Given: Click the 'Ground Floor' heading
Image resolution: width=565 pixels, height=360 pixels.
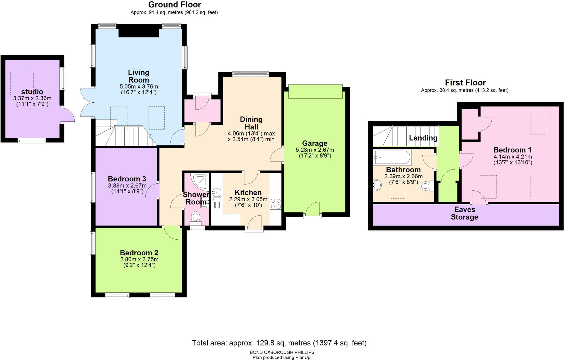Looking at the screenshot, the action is (x=175, y=5).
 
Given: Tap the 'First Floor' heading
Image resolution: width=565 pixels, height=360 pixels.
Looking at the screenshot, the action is (x=465, y=83).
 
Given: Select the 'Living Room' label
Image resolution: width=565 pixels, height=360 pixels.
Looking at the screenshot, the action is (x=138, y=76).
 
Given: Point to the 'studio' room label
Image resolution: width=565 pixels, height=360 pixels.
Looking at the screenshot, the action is (x=32, y=92).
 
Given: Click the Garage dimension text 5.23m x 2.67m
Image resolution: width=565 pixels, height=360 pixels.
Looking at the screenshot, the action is (x=315, y=150).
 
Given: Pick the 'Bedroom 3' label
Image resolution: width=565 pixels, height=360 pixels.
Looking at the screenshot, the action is (x=127, y=179).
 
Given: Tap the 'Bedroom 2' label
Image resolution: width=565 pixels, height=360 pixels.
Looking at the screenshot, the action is (x=139, y=253).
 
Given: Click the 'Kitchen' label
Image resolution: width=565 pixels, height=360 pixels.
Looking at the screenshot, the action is (x=248, y=193).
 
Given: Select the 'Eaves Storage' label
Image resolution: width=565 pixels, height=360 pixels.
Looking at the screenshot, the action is (x=465, y=213).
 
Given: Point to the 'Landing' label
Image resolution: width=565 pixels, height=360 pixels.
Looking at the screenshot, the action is (x=423, y=138).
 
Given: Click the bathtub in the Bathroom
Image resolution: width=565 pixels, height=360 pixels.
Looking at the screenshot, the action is (x=392, y=158).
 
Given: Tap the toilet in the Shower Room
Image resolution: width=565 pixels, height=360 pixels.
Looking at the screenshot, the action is (x=196, y=217).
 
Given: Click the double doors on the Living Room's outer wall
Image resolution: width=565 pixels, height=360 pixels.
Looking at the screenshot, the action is (x=87, y=102).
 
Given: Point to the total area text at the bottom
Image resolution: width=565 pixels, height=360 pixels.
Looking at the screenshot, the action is (x=279, y=343).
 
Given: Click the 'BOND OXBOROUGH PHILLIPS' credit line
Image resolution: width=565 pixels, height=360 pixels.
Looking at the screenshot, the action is (x=282, y=352).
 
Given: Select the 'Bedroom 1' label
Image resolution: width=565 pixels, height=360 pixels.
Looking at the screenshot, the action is (x=513, y=150).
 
